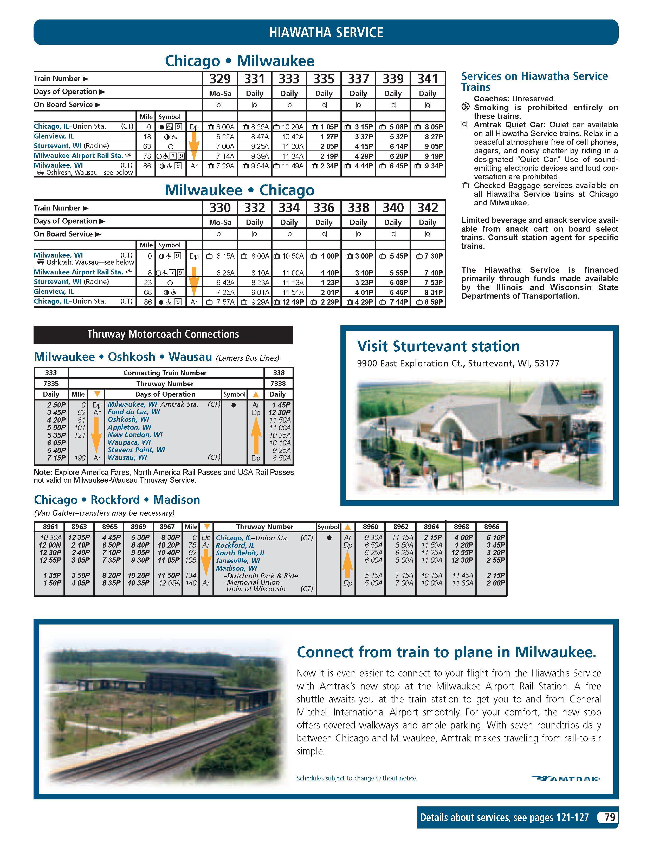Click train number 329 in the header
220,79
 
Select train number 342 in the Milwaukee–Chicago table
428,208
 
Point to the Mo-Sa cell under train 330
220,222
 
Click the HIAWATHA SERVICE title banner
326,32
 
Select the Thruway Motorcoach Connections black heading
163,334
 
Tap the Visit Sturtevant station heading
438,346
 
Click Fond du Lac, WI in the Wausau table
134,412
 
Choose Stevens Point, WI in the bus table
136,450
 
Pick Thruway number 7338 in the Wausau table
279,384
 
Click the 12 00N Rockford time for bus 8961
50,545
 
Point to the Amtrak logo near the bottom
565,778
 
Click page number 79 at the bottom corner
610,817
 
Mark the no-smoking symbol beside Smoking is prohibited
465,107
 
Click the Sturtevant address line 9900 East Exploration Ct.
458,364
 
